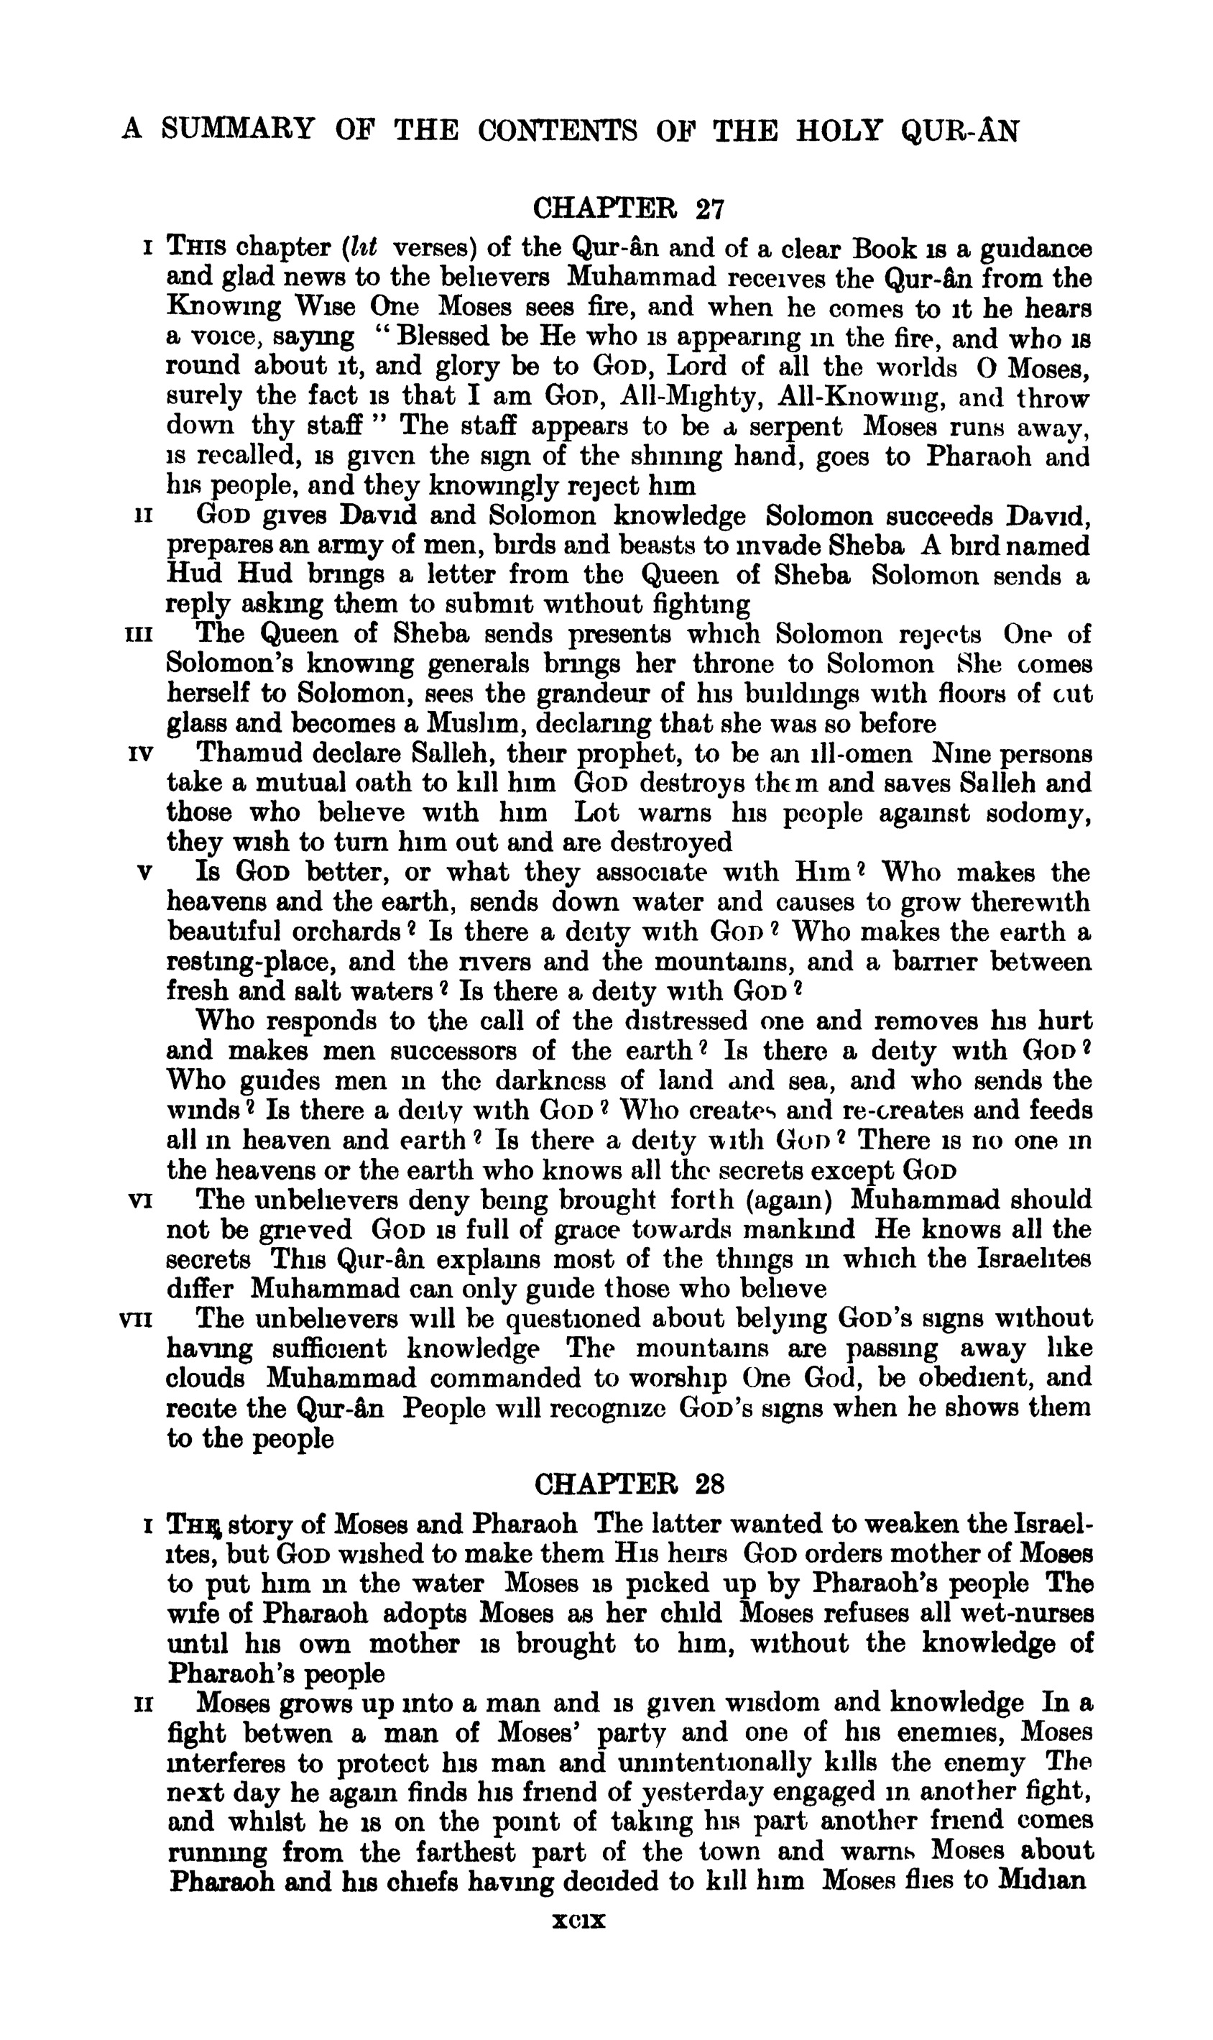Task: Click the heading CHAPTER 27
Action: pyautogui.click(x=628, y=210)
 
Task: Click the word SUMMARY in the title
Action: pyautogui.click(x=238, y=130)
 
